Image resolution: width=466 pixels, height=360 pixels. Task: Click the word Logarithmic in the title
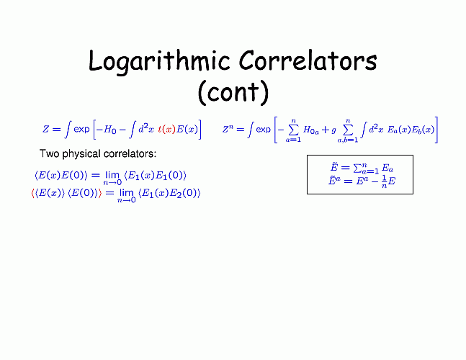pos(159,61)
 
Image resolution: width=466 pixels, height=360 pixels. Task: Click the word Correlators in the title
pos(308,60)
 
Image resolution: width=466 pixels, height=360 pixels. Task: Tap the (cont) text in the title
pos(233,92)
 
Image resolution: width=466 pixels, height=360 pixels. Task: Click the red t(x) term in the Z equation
pos(166,130)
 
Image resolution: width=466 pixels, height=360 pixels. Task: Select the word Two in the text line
pos(50,153)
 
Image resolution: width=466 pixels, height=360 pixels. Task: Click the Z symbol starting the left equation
pos(45,129)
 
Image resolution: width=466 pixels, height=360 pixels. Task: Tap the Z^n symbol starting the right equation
pos(228,129)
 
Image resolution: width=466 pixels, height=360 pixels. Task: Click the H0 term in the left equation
pos(110,130)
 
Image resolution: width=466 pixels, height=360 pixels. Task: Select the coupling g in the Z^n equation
pos(333,130)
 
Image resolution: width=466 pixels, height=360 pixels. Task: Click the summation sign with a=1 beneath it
pos(293,130)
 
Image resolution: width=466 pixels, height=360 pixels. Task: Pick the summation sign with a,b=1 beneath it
pos(348,130)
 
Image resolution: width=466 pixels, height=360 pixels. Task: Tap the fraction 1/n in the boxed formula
pos(384,181)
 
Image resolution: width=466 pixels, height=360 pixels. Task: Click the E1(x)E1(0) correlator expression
pos(156,176)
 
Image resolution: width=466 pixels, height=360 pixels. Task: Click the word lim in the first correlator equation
pos(112,175)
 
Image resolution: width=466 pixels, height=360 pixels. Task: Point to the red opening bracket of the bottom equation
pos(32,194)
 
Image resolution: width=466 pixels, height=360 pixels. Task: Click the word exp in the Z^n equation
pos(264,130)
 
